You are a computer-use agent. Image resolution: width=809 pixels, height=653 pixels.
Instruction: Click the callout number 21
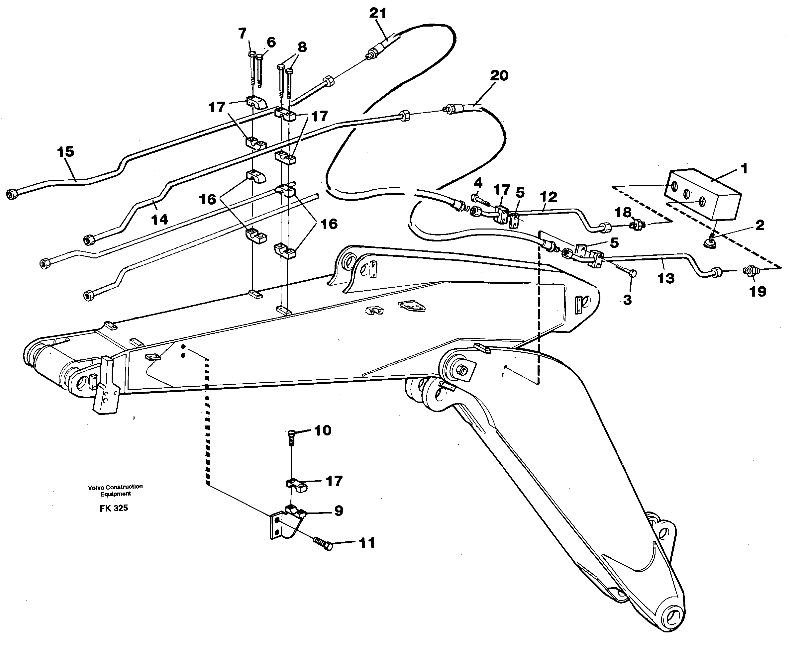point(378,13)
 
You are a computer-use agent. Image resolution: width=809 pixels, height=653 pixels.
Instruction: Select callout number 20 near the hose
point(499,76)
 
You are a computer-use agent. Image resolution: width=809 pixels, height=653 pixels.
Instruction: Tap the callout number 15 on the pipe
point(65,152)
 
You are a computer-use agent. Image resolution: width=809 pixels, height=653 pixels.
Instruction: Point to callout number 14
point(159,219)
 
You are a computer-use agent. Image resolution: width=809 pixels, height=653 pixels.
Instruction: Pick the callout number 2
point(760,225)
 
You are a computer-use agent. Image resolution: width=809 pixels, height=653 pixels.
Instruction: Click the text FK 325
point(114,508)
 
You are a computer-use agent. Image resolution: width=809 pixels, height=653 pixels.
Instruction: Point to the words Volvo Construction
point(115,486)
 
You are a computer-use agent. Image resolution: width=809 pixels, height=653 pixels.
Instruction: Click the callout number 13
point(665,279)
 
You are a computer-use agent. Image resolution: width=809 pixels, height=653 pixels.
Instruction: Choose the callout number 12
point(548,197)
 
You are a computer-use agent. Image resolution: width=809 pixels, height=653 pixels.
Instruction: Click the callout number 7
point(242,34)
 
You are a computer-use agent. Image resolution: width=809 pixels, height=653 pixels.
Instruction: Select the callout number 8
point(302,47)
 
